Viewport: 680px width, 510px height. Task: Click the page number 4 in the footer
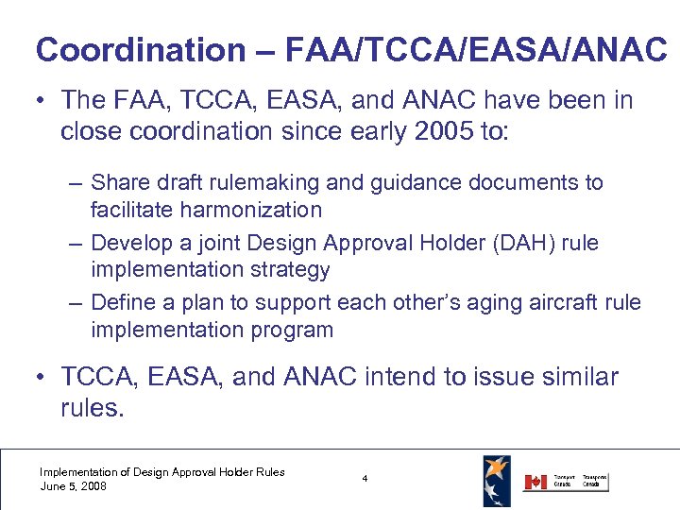(365, 480)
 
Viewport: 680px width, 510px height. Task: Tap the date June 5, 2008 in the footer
(73, 486)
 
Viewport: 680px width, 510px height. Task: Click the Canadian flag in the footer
(535, 482)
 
